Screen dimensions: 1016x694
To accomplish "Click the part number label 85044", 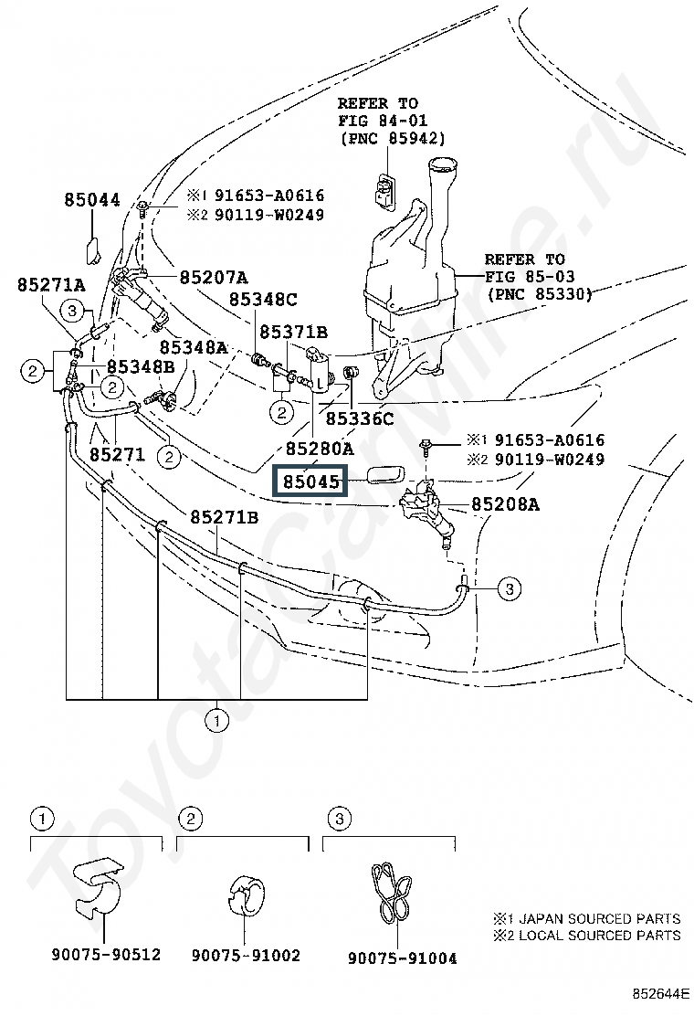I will (92, 199).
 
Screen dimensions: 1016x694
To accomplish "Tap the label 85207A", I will (214, 276).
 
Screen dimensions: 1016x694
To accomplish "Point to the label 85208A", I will (506, 503).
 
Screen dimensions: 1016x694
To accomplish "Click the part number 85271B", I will (225, 517).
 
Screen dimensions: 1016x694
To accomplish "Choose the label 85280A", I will (319, 449).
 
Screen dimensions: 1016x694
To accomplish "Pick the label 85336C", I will (360, 419).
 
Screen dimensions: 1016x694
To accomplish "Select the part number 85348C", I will (263, 299).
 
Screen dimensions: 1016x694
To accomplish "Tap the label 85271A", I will (51, 284).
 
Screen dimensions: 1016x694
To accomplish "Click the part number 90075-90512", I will (105, 955).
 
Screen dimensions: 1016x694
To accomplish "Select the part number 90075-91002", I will (246, 955).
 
